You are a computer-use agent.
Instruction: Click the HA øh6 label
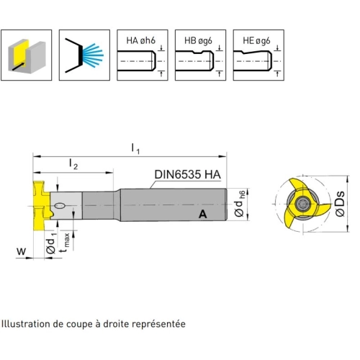(140, 40)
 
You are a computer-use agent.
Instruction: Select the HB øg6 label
(198, 41)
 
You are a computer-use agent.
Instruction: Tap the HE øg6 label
(256, 41)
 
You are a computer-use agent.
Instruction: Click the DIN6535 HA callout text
(187, 174)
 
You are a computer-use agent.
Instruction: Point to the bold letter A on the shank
(203, 214)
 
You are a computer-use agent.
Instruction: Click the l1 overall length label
(135, 148)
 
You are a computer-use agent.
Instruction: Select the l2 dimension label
(73, 164)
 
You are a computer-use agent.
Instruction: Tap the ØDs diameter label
(340, 204)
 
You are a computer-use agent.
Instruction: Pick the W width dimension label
(21, 251)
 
